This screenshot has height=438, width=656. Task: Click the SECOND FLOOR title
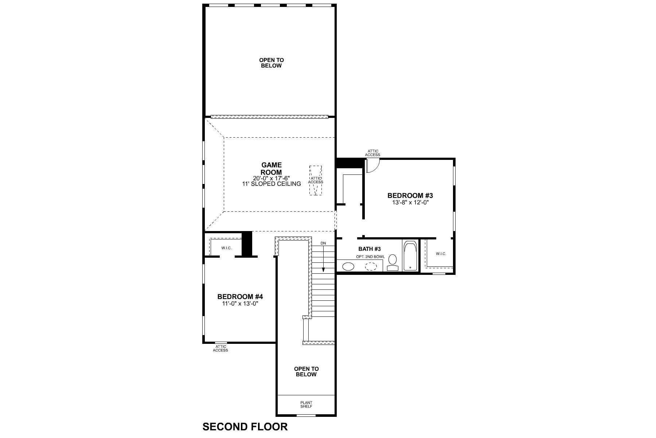tap(245, 426)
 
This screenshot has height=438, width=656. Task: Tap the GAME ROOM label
tap(271, 169)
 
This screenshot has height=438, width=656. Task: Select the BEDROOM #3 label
tap(410, 196)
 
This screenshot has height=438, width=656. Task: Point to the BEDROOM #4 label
tap(240, 297)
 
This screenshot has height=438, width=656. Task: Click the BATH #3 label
tap(370, 249)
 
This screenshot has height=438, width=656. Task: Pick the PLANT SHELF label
tap(306, 404)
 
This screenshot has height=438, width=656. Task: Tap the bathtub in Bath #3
tap(410, 255)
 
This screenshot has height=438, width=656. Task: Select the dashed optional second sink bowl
tap(371, 266)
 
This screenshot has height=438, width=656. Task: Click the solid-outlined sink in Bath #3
tap(348, 266)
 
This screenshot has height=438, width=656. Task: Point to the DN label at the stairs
tap(323, 243)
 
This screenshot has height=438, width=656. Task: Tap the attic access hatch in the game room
tap(316, 180)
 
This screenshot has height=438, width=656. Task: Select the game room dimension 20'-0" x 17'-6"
tap(272, 178)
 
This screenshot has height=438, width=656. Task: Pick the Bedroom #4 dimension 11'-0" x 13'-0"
tap(240, 303)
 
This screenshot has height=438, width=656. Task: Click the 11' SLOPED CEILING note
tap(272, 184)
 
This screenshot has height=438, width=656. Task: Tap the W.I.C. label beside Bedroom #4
tap(226, 248)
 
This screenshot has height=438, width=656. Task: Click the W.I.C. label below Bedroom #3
tap(441, 254)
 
